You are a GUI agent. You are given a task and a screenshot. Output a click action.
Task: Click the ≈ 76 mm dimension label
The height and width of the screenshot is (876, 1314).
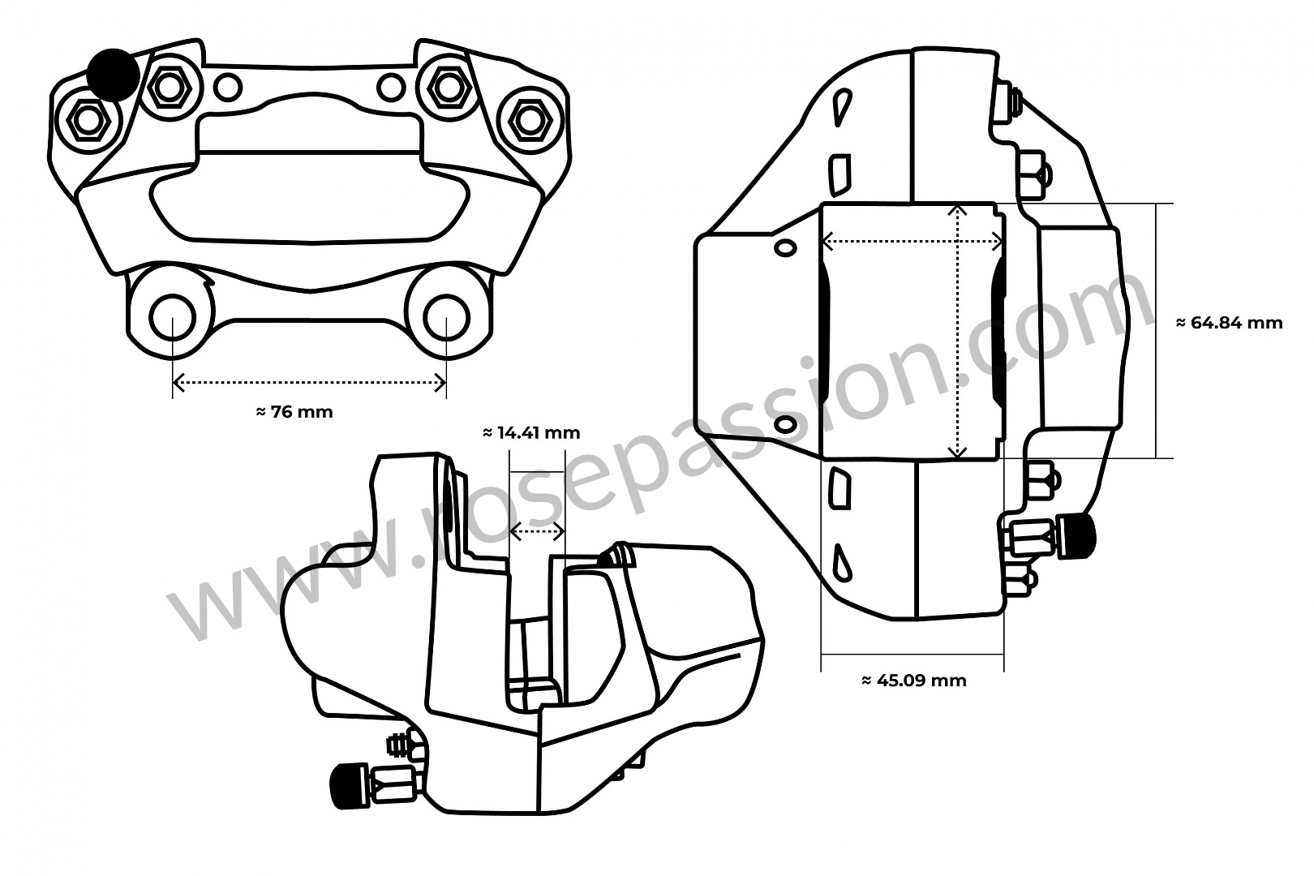click(294, 412)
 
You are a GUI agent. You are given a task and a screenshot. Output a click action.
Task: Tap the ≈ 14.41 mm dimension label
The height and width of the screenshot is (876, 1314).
click(531, 433)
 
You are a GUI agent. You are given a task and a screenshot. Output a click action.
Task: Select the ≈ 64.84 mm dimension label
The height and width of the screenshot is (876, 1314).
click(1229, 323)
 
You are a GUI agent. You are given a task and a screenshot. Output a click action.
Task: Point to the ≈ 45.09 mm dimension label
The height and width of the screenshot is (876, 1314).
click(913, 681)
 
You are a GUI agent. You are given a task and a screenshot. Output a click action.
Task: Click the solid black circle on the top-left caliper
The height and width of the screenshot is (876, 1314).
click(112, 74)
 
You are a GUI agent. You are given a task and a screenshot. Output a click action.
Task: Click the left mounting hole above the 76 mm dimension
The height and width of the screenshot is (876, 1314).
click(173, 317)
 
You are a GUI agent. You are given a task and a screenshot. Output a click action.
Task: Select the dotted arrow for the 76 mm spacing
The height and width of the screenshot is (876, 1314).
click(309, 383)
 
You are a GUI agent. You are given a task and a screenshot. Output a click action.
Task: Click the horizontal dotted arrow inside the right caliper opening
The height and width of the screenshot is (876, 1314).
click(912, 241)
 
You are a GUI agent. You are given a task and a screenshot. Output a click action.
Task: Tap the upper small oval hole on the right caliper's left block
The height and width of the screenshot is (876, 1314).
click(784, 247)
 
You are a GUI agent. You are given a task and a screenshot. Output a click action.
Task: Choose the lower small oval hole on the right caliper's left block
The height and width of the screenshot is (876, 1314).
click(784, 425)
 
